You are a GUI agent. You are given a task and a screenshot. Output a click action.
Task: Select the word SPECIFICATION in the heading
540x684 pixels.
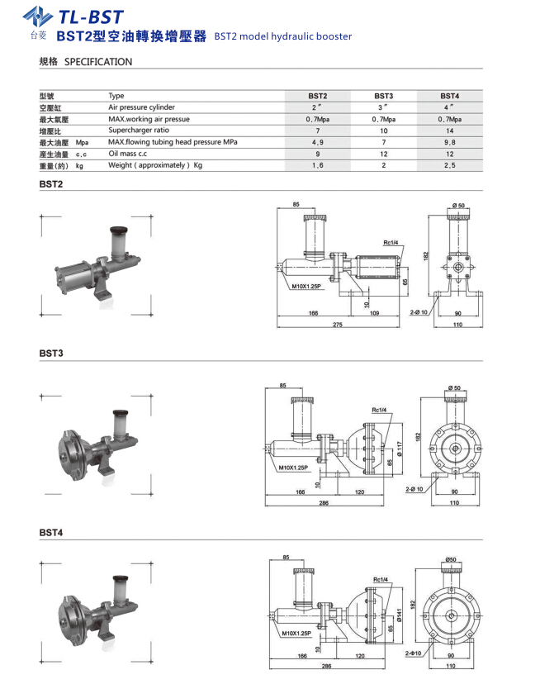tap(98, 62)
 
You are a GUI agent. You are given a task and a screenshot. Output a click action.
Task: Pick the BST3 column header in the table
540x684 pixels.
tap(383, 96)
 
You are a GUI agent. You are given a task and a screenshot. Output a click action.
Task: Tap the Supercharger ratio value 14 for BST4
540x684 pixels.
tap(449, 131)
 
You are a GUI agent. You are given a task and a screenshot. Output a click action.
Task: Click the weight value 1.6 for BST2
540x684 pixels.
tap(317, 166)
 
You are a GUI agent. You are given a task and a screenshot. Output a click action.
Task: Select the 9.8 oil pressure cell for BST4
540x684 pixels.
tap(449, 142)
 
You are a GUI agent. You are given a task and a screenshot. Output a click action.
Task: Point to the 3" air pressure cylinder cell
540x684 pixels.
tap(383, 107)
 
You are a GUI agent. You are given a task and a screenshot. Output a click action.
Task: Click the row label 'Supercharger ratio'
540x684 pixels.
tap(139, 131)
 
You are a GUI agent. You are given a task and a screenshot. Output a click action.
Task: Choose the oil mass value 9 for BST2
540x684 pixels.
tap(317, 154)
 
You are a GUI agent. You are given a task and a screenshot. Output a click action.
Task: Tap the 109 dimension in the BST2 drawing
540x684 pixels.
tap(373, 314)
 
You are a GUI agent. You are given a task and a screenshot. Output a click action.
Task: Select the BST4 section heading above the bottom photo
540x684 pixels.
tap(50, 533)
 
